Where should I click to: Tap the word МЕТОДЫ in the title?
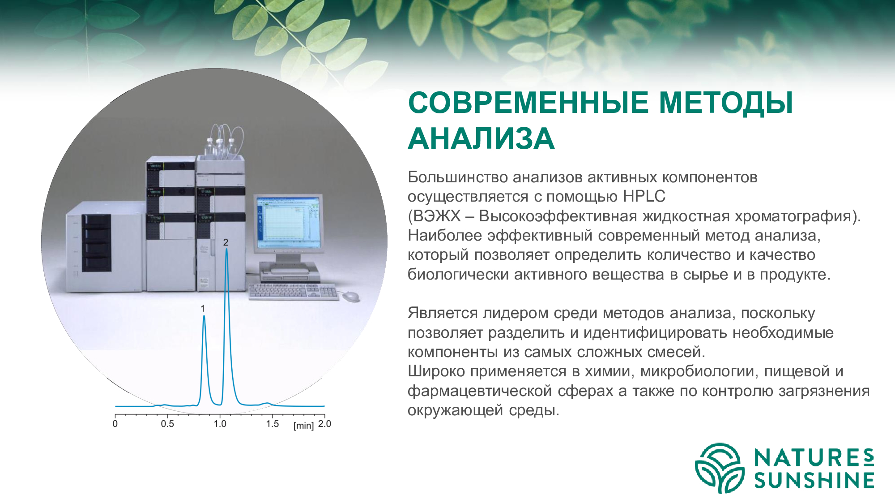click(726, 103)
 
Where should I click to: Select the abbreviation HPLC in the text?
click(644, 196)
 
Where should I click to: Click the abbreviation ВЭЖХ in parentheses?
click(437, 216)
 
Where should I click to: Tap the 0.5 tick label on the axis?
click(167, 424)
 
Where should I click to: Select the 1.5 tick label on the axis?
click(272, 424)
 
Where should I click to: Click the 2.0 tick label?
click(324, 424)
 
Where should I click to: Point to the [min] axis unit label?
click(303, 425)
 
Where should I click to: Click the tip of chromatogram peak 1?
click(204, 316)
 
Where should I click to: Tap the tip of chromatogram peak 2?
click(226, 249)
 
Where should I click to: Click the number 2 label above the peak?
click(226, 242)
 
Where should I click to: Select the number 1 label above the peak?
click(203, 309)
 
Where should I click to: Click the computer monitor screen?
click(289, 222)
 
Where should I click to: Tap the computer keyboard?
click(294, 292)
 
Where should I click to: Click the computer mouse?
click(350, 296)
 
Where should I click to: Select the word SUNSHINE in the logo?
click(814, 480)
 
